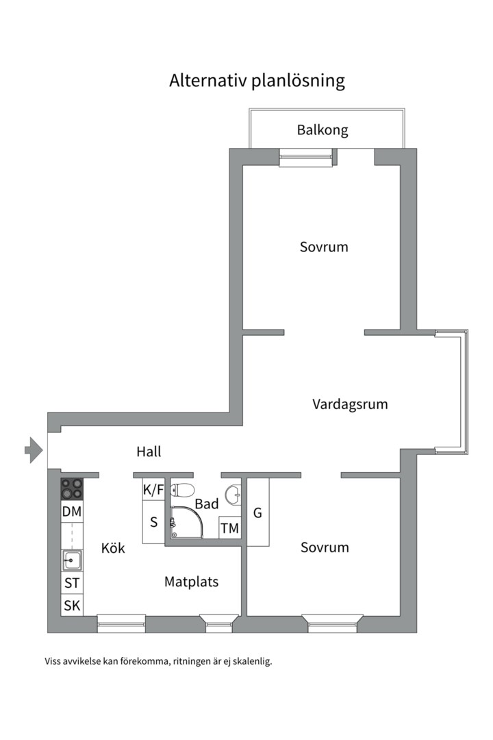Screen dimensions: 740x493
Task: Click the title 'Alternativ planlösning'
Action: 257,81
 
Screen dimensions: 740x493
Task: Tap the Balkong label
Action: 323,129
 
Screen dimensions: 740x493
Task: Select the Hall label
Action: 149,452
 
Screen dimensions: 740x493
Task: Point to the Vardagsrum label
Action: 350,404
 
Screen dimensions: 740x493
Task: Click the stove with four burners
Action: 72,489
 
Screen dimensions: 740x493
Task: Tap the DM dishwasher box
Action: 72,511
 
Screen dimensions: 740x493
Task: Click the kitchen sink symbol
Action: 72,560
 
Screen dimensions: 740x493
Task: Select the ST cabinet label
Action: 72,584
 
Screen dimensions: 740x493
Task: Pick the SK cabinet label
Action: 72,605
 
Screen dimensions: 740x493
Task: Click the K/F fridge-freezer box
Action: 153,489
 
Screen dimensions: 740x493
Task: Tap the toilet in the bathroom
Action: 182,489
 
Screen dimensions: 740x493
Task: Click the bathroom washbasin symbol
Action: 234,491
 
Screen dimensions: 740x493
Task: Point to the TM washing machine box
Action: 230,528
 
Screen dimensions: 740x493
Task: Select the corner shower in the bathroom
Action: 185,521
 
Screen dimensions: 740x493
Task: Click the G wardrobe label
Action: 257,513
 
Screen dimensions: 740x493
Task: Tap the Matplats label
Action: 191,582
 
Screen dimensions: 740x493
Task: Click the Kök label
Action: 113,548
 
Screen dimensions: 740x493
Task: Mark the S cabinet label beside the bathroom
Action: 153,522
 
